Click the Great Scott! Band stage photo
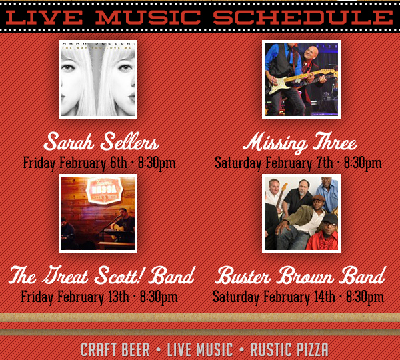(x=98, y=213)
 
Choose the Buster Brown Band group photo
(x=301, y=213)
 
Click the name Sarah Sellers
(x=101, y=142)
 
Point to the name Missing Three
(x=299, y=142)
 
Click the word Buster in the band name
(x=244, y=275)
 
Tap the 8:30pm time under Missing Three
(x=363, y=162)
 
